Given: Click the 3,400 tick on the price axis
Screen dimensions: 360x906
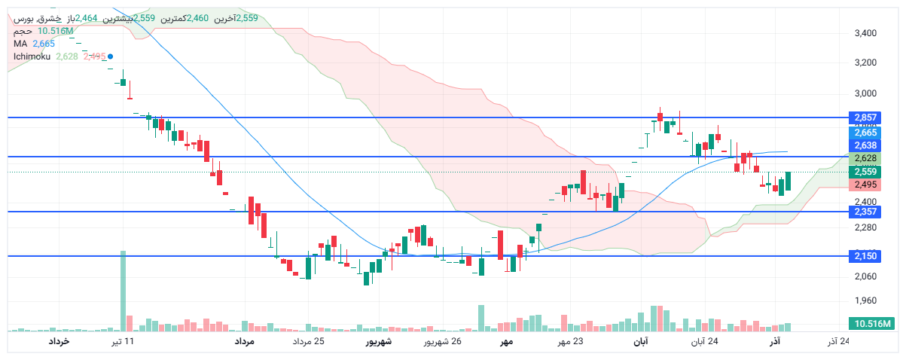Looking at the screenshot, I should [866, 33].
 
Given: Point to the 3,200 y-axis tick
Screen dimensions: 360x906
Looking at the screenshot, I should [866, 63].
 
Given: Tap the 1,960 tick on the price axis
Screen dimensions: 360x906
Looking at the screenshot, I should [866, 301].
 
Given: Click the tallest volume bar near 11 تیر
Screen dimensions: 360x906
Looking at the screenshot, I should [124, 291].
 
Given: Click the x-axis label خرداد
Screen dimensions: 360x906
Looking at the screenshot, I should [59, 342].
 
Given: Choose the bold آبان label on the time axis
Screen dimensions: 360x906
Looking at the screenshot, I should [639, 342].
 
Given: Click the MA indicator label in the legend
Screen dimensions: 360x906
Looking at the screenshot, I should [20, 44].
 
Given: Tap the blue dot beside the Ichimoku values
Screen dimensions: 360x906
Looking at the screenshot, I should [111, 56].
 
